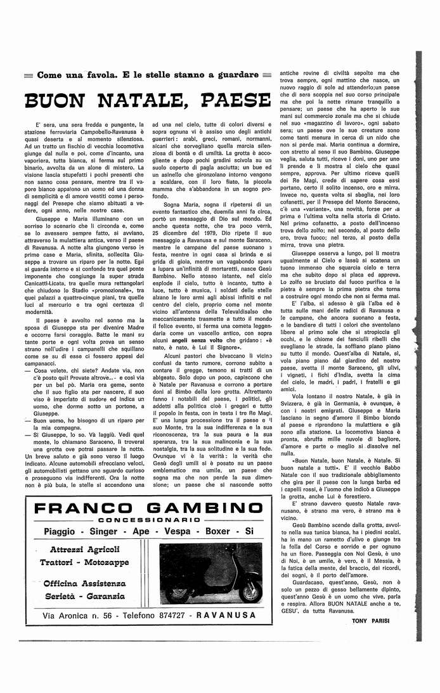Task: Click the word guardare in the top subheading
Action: point(235,75)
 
